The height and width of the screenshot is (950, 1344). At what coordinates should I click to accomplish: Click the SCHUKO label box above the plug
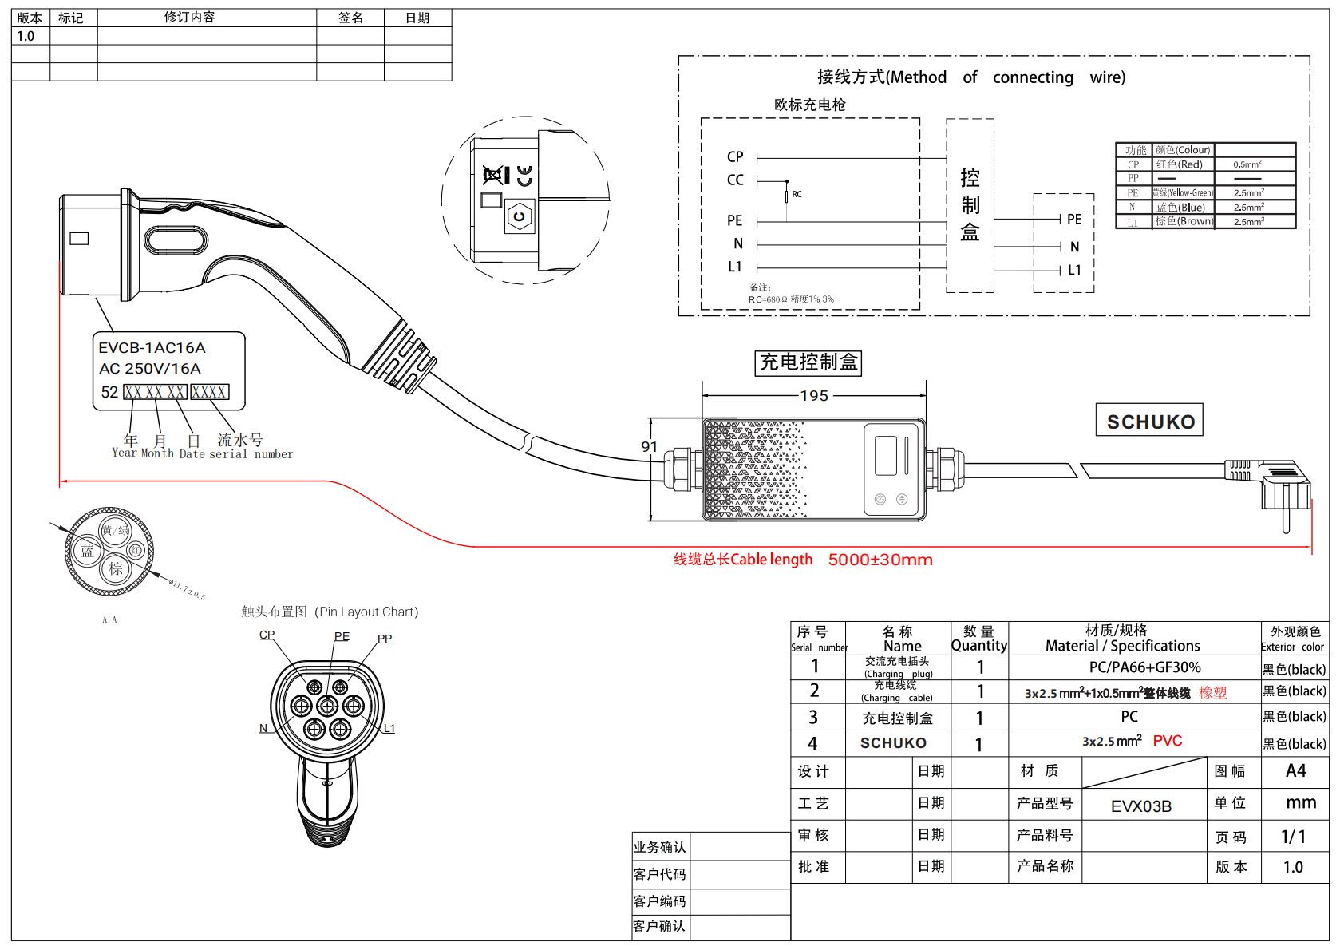[x=1150, y=421]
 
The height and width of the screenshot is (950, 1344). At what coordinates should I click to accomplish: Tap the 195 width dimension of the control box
[x=814, y=396]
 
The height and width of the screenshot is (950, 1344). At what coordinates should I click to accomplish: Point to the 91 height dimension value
[x=649, y=447]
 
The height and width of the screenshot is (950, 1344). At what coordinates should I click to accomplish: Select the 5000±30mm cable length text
[x=880, y=560]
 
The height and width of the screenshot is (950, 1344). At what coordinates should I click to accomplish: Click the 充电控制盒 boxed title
[x=808, y=362]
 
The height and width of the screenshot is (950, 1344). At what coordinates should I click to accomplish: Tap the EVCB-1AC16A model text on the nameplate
[x=152, y=348]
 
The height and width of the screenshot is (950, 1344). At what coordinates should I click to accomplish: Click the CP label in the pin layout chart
[x=267, y=635]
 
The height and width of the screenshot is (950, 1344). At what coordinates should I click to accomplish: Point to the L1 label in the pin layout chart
[x=389, y=728]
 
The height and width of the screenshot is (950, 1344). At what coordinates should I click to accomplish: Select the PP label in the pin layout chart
[x=385, y=639]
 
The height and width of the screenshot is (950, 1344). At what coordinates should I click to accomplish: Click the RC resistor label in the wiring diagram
[x=797, y=194]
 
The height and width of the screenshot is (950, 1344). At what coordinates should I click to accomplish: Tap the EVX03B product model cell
[x=1141, y=806]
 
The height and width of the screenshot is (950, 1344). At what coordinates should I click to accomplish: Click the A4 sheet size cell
[x=1295, y=771]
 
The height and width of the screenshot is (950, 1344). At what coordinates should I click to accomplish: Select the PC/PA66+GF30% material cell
[x=1144, y=667]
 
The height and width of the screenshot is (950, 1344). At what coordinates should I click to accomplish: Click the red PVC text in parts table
[x=1168, y=741]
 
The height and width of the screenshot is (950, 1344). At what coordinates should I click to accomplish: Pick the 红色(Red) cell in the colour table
[x=1180, y=164]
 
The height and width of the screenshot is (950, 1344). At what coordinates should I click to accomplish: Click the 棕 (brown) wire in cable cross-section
[x=116, y=568]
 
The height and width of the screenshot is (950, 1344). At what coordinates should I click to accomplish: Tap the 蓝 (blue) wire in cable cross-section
[x=87, y=551]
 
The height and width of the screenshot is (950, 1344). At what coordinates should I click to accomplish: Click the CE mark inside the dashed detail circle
[x=524, y=176]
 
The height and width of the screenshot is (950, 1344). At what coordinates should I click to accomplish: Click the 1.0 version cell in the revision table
[x=26, y=36]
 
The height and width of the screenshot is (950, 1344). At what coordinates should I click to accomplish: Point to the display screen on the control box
[x=886, y=456]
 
